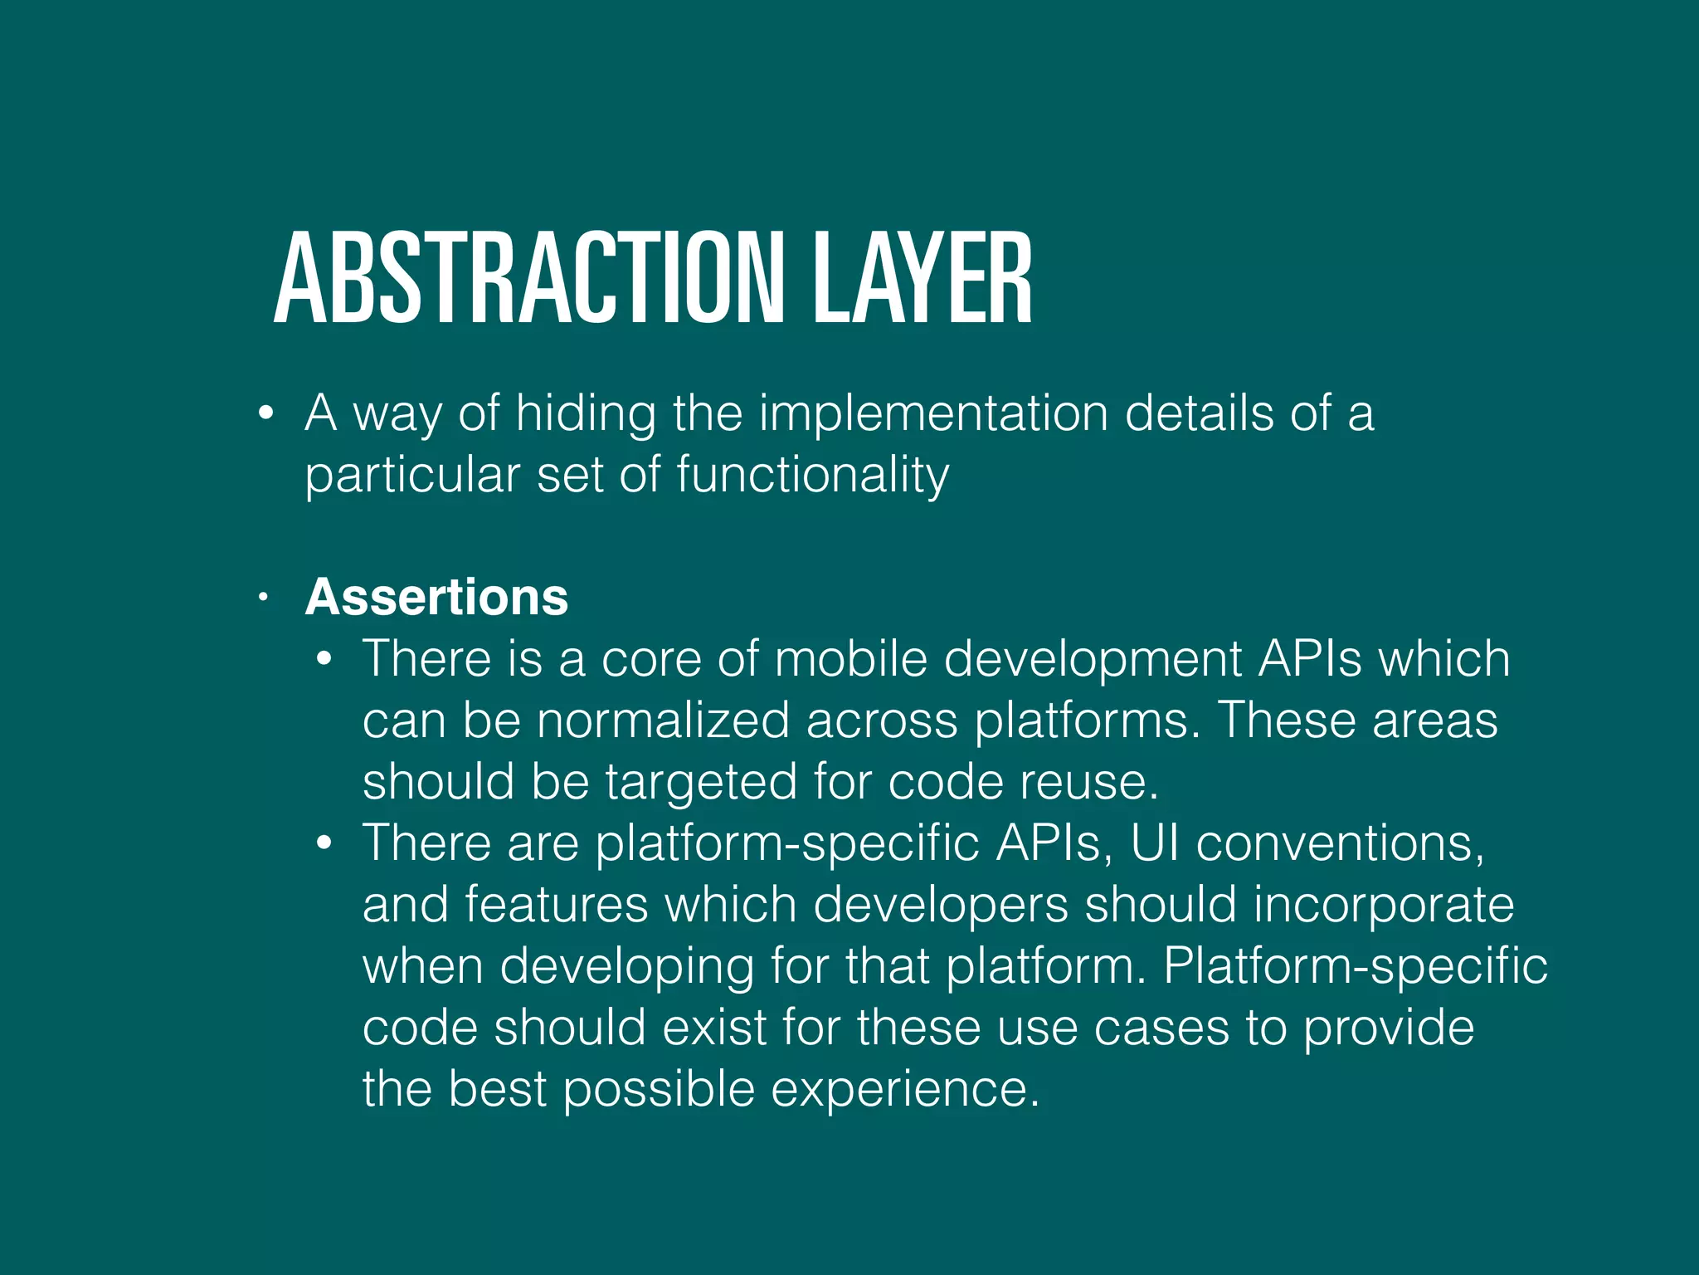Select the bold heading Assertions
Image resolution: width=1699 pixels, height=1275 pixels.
click(x=436, y=597)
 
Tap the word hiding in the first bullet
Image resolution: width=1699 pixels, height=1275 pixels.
click(x=586, y=413)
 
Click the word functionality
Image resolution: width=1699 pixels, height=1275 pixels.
click(x=812, y=476)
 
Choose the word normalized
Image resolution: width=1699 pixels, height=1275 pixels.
click(x=663, y=720)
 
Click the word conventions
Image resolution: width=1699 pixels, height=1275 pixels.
click(x=1339, y=843)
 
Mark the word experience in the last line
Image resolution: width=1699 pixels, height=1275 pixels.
click(x=904, y=1090)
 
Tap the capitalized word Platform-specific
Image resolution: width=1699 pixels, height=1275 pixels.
click(x=1355, y=966)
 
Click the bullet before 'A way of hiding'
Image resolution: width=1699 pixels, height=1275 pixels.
click(x=265, y=413)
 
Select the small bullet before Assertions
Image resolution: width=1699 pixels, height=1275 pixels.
click(x=263, y=597)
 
